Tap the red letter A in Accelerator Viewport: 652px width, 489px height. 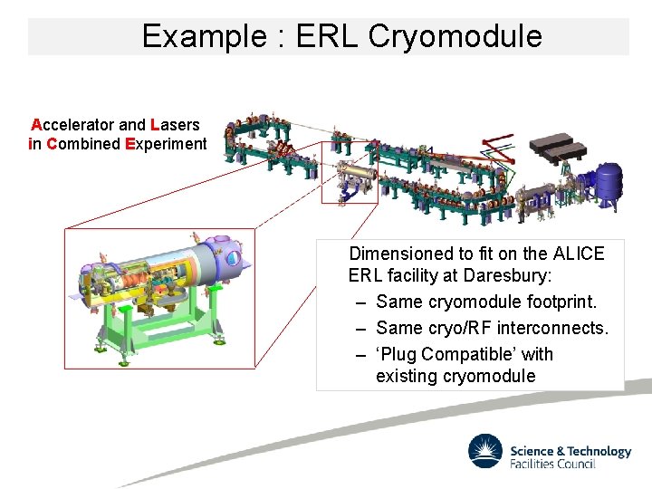pos(36,124)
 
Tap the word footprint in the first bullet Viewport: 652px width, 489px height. pos(559,301)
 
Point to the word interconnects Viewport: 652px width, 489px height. pos(550,327)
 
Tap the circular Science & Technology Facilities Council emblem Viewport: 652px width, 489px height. pos(485,451)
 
